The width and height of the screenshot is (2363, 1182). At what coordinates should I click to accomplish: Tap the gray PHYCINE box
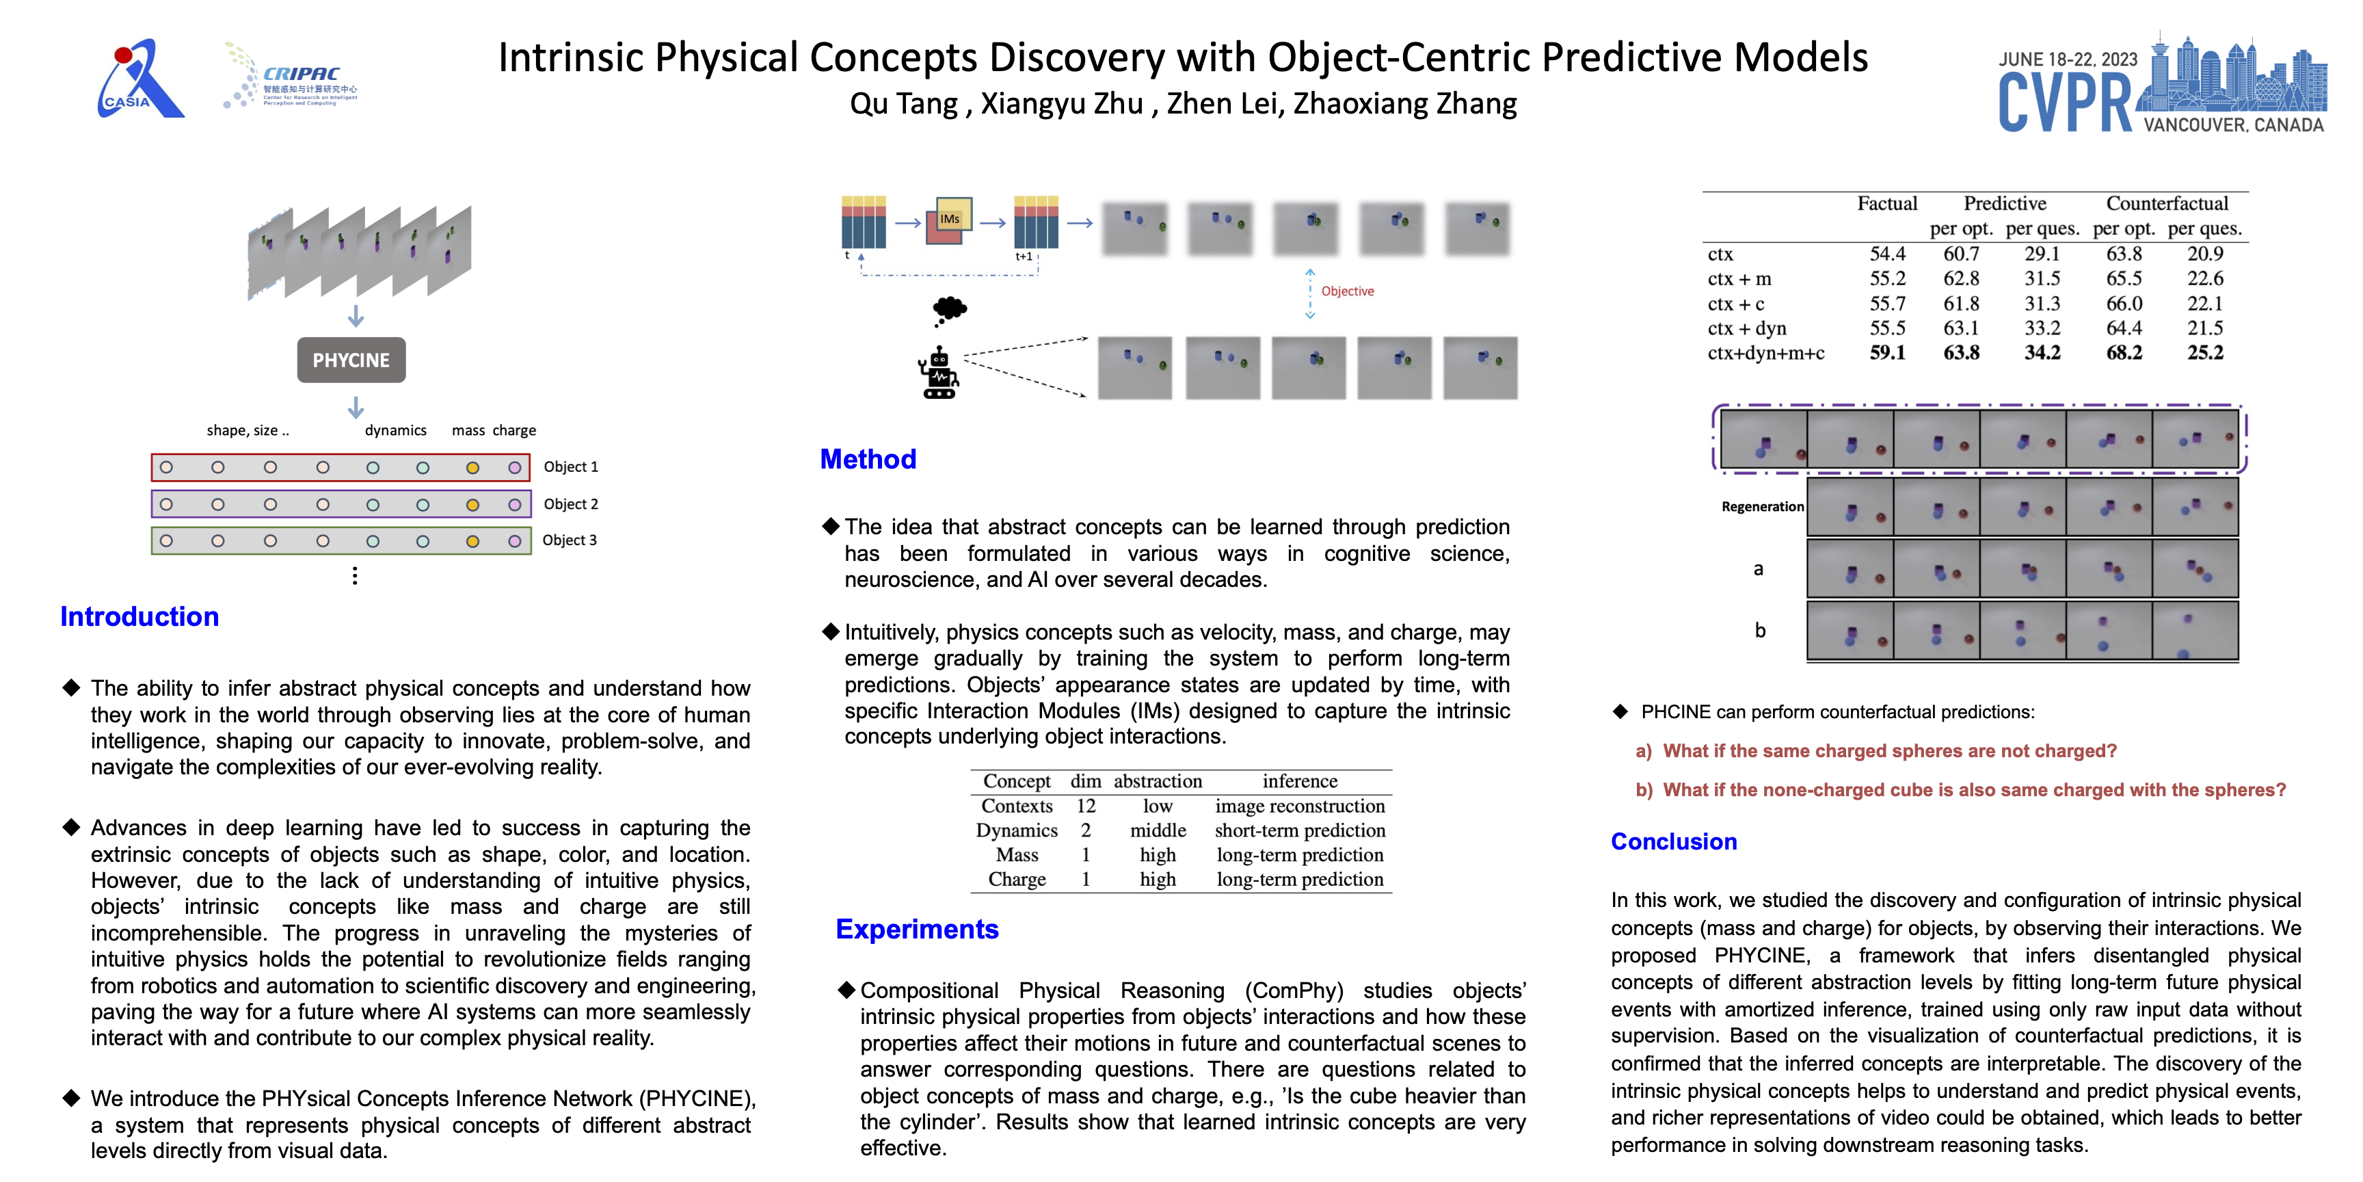click(351, 360)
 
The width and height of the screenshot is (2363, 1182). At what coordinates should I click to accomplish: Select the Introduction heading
click(139, 617)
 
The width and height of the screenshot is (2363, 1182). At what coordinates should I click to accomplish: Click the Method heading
click(868, 459)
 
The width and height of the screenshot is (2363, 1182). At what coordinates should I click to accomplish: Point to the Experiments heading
click(916, 929)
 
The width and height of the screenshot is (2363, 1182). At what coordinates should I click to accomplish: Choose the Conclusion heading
click(1673, 841)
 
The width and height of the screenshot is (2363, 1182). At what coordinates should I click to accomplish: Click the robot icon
click(938, 373)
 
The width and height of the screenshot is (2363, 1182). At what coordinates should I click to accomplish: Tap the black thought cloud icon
click(950, 309)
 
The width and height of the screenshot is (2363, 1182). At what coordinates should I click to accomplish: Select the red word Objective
click(1346, 291)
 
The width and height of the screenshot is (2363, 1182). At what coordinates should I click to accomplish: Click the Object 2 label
click(570, 504)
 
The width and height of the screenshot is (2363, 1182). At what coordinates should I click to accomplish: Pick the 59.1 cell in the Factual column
click(1887, 352)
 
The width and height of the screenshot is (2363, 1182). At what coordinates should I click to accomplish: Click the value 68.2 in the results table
click(2124, 352)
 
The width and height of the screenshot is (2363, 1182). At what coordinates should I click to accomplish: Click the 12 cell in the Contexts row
click(1085, 806)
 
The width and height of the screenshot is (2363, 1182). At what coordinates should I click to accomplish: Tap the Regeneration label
click(1762, 507)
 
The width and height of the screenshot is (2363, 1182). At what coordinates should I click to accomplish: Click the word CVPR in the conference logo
click(2065, 103)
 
